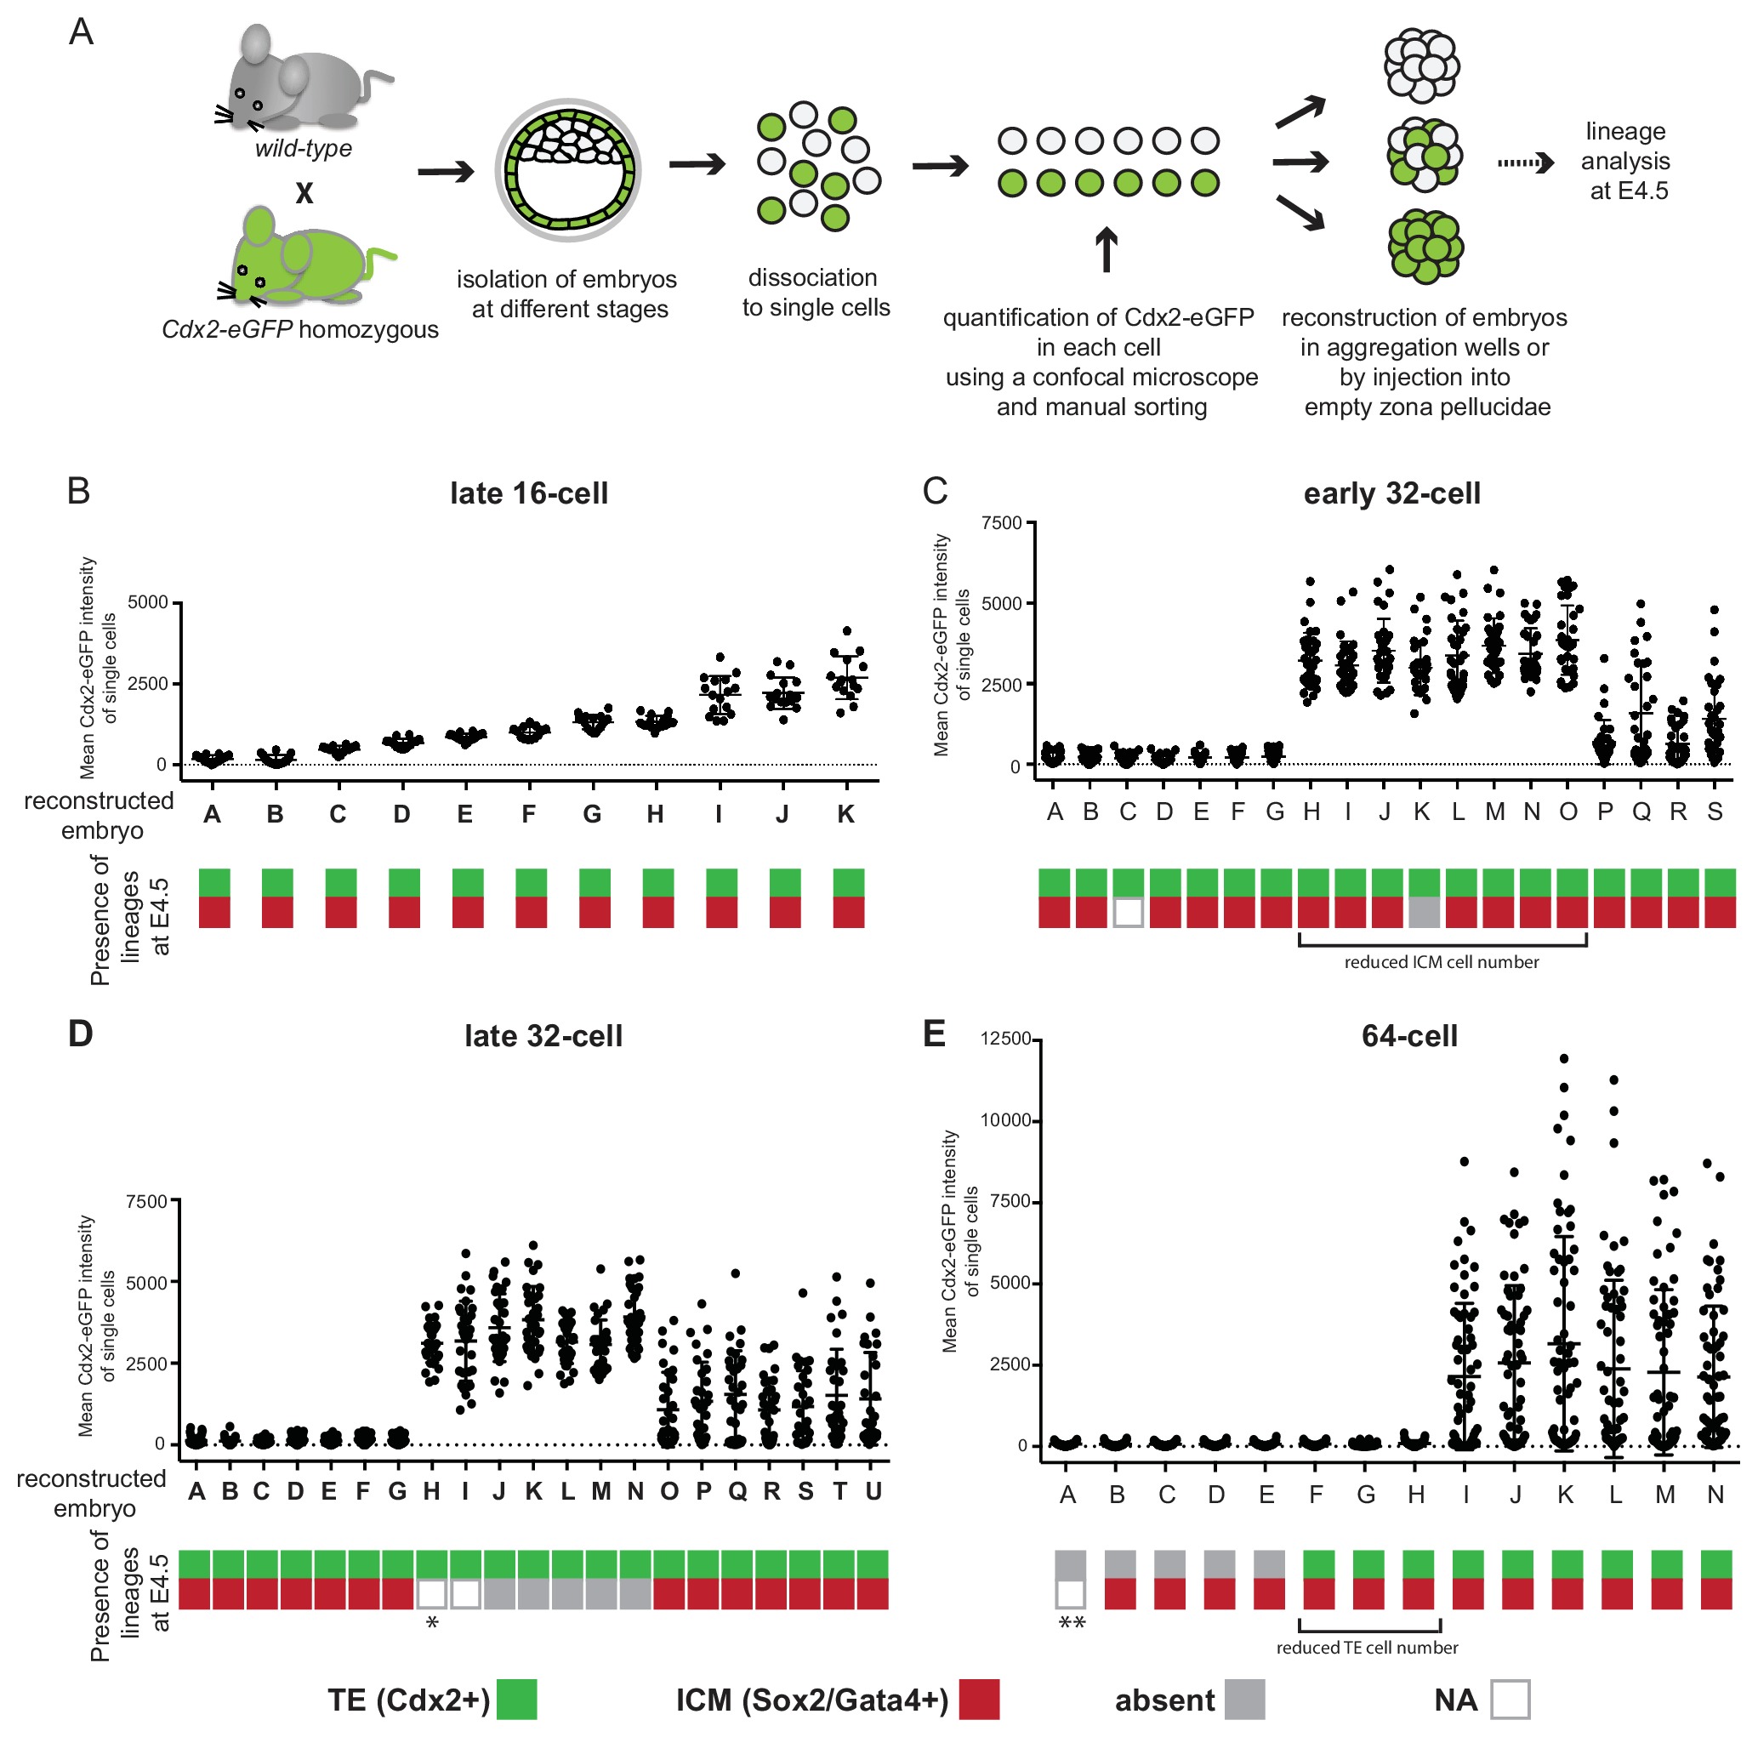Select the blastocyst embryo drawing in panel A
(568, 170)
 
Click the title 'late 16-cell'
(529, 494)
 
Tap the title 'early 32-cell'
(1391, 494)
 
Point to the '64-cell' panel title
(1408, 1036)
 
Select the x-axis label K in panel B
(846, 814)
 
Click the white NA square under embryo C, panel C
(1128, 912)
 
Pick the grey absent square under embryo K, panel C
(1424, 912)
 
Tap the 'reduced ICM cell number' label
(1442, 963)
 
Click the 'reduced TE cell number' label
(1367, 1648)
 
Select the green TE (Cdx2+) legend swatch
(516, 1700)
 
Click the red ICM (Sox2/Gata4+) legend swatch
(978, 1700)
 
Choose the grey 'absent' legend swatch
(1244, 1700)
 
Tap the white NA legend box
(1510, 1700)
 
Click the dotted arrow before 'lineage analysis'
(1525, 164)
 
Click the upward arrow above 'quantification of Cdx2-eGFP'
(1106, 250)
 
